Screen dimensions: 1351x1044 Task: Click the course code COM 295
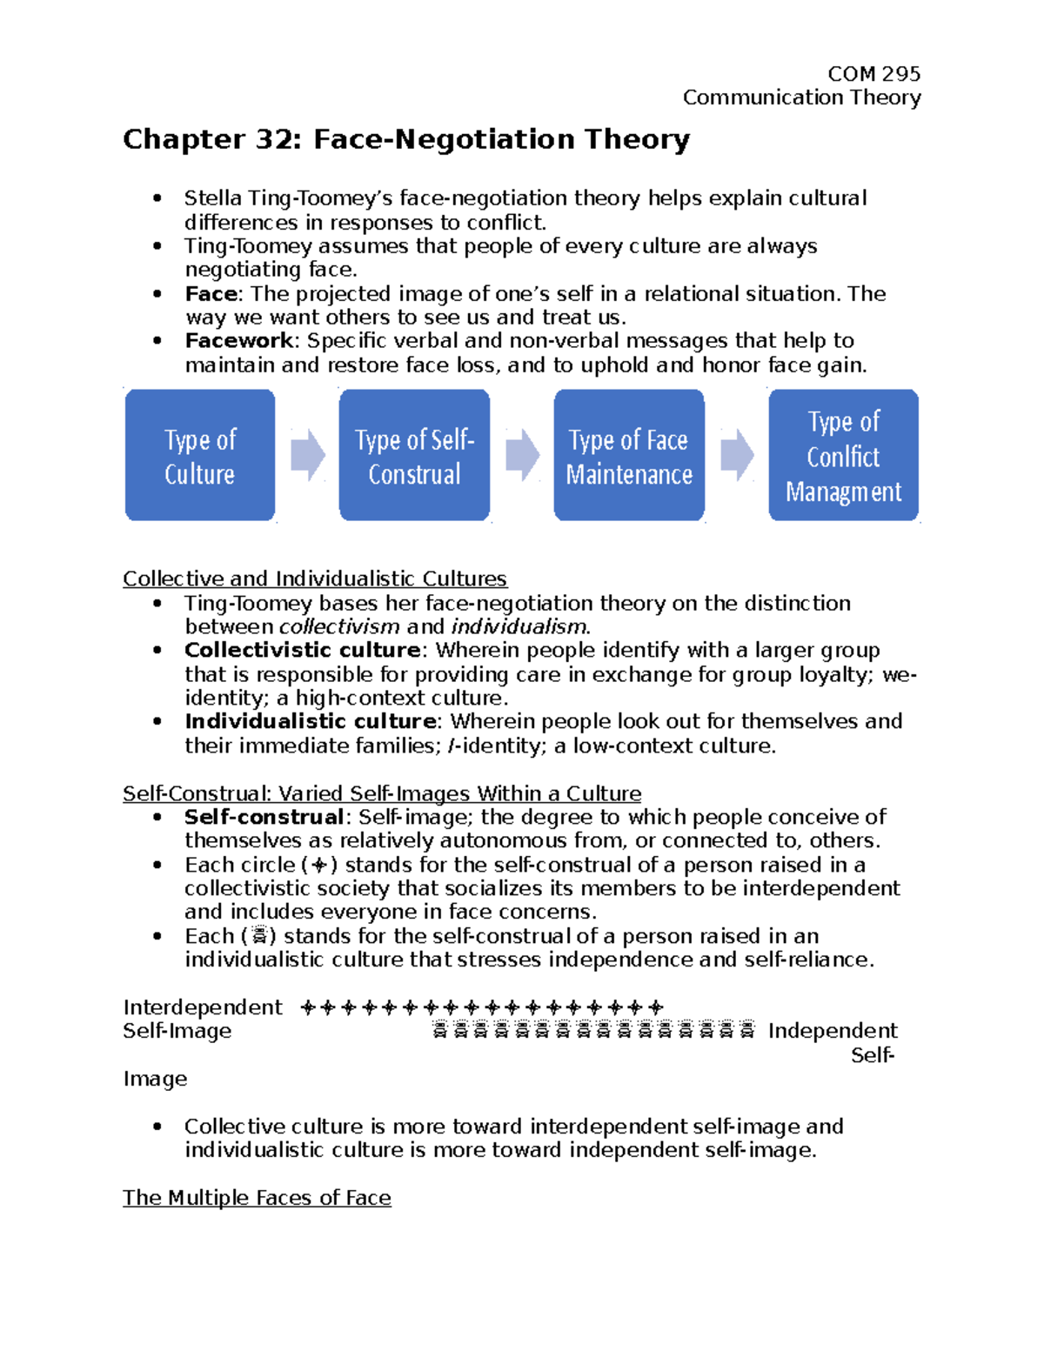pyautogui.click(x=873, y=74)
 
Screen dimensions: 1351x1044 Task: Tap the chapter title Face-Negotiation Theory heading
pyautogui.click(x=406, y=139)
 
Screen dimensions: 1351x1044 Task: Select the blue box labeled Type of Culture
pyautogui.click(x=200, y=455)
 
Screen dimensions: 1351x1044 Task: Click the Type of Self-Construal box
pyautogui.click(x=414, y=455)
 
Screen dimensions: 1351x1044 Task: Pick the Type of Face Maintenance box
pyautogui.click(x=629, y=455)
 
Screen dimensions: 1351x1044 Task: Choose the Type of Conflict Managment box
pyautogui.click(x=843, y=455)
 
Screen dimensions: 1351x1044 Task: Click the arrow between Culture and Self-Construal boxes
pyautogui.click(x=307, y=454)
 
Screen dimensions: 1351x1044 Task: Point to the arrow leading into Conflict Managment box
pyautogui.click(x=737, y=454)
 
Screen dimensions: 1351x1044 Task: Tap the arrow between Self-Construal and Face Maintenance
pyautogui.click(x=522, y=454)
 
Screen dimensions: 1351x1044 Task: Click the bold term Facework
pyautogui.click(x=239, y=341)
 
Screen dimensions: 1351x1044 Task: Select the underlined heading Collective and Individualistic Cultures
pyautogui.click(x=315, y=579)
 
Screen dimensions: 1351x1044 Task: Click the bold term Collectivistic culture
pyautogui.click(x=302, y=651)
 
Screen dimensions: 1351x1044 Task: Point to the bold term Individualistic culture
pyautogui.click(x=311, y=722)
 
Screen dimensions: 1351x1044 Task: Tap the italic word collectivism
pyautogui.click(x=339, y=627)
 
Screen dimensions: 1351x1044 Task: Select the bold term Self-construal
pyautogui.click(x=264, y=818)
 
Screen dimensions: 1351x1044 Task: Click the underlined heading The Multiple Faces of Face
pyautogui.click(x=257, y=1198)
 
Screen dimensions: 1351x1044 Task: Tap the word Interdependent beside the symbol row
pyautogui.click(x=203, y=1007)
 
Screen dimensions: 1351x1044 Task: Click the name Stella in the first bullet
pyautogui.click(x=212, y=199)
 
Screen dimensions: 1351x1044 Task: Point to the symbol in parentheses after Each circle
pyautogui.click(x=319, y=866)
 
